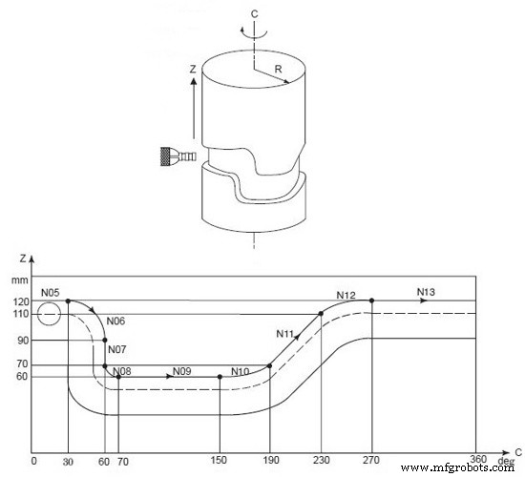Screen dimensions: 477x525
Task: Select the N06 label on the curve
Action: (x=116, y=321)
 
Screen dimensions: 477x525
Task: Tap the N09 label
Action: (x=183, y=371)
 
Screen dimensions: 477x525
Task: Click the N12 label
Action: (x=347, y=295)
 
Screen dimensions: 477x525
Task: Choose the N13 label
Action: (x=428, y=291)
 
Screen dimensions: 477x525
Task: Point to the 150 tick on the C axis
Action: (x=220, y=461)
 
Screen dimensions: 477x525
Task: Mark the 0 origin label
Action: (x=34, y=461)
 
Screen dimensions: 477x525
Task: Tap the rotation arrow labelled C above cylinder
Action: (x=253, y=29)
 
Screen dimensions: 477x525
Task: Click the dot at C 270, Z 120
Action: (x=371, y=301)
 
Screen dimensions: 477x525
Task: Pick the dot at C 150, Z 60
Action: (x=220, y=377)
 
